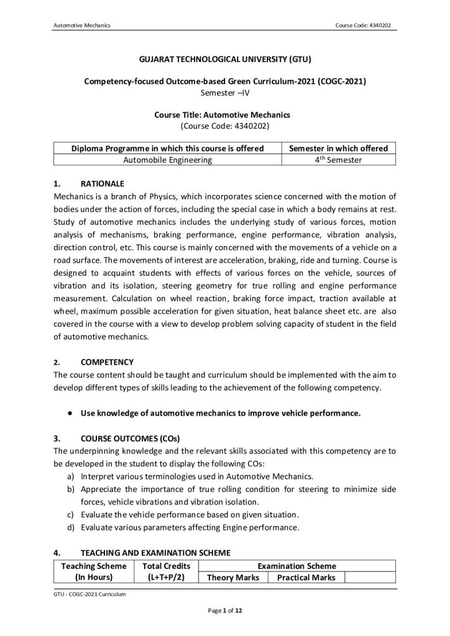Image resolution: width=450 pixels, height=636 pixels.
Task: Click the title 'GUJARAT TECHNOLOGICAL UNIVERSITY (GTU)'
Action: tap(224, 60)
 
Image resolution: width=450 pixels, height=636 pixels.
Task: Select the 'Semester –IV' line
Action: tap(224, 93)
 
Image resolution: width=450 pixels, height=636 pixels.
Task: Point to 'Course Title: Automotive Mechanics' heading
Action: tap(224, 115)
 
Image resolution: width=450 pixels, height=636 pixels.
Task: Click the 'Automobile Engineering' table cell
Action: tap(168, 160)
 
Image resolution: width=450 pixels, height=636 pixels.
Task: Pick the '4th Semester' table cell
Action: tap(339, 160)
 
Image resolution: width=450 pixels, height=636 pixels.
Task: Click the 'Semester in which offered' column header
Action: tap(339, 148)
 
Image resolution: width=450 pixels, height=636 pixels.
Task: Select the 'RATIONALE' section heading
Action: tap(103, 184)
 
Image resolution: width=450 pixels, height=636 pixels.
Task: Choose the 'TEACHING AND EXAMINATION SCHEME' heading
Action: tap(155, 552)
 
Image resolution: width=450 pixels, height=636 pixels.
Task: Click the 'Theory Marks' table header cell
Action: tap(232, 578)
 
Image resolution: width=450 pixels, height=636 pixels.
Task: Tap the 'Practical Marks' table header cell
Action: tap(306, 578)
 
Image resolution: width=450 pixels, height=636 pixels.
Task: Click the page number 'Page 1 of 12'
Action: tap(224, 612)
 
